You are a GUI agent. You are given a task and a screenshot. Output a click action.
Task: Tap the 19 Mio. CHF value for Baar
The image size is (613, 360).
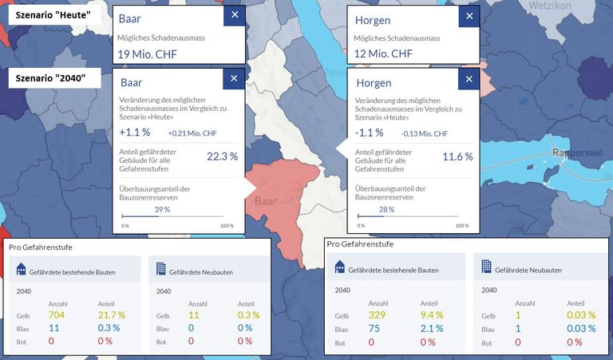point(147,54)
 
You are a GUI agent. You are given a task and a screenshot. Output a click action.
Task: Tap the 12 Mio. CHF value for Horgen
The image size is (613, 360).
point(380,54)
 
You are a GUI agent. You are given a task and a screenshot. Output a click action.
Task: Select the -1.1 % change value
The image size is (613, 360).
point(370,133)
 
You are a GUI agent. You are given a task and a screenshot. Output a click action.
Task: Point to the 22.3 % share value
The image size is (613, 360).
point(222,156)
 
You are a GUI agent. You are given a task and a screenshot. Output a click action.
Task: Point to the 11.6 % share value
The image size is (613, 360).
point(458,156)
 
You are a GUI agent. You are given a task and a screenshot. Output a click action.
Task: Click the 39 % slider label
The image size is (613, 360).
point(161,209)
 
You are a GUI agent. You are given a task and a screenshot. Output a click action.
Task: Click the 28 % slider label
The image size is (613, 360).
point(386,209)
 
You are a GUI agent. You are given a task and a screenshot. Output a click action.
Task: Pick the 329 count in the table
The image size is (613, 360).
point(378,316)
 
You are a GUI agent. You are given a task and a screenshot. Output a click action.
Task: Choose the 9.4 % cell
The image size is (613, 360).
point(428,316)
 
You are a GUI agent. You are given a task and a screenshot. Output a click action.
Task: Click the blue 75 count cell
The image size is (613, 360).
point(375,329)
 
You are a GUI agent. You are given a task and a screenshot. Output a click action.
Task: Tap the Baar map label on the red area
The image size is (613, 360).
point(264,201)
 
